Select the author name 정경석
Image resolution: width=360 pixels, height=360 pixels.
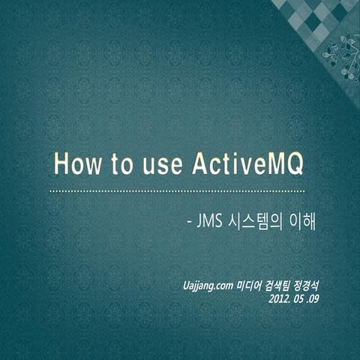tap(319, 285)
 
